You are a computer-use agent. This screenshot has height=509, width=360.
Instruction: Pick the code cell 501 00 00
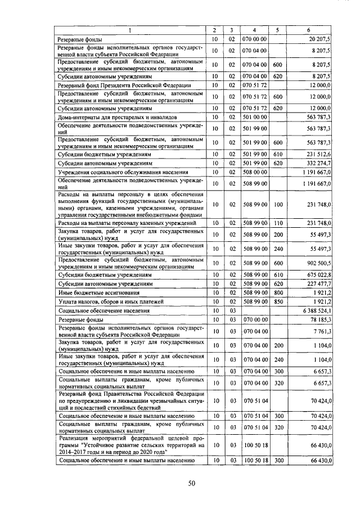pos(254,116)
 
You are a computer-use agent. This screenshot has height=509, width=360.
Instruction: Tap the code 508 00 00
pos(254,172)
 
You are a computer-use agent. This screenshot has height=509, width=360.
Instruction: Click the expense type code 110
pos(277,223)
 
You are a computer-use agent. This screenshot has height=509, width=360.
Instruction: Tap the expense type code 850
pos(277,301)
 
